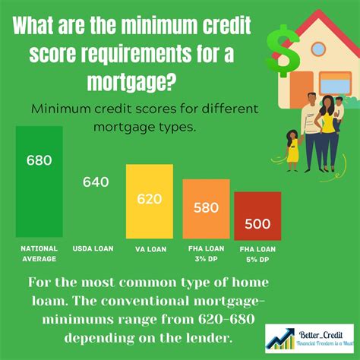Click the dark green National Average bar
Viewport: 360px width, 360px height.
[39, 182]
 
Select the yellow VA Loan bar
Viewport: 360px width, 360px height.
[150, 201]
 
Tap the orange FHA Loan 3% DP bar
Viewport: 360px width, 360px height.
[206, 209]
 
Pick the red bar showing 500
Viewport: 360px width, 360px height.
[257, 216]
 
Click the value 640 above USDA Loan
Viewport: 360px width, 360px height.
[96, 182]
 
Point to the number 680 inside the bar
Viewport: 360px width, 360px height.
[39, 160]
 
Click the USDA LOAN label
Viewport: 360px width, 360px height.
[93, 248]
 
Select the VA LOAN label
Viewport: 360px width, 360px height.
[151, 249]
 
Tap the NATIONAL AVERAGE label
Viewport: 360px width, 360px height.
[39, 254]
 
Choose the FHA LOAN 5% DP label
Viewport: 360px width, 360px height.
[257, 254]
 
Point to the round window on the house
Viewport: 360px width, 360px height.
[318, 49]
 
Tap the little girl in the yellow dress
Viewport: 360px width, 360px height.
[293, 150]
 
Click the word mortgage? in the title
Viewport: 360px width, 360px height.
[131, 81]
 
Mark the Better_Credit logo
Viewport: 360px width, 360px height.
[309, 339]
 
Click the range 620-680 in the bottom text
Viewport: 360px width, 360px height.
[226, 319]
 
